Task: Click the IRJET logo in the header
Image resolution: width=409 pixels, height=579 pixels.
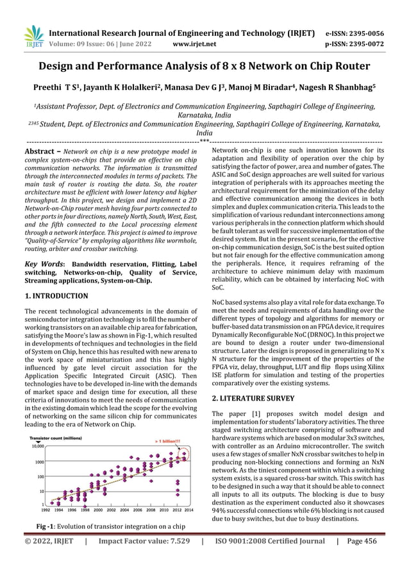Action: point(32,37)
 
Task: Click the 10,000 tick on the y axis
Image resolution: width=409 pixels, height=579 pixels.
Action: point(36,446)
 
